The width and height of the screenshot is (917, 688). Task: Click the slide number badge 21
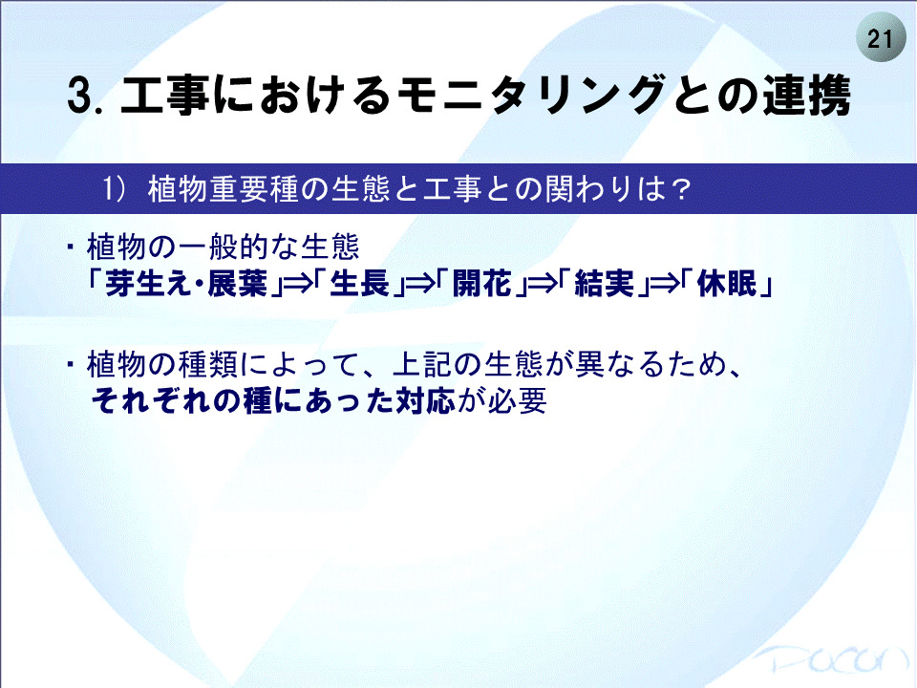tap(880, 39)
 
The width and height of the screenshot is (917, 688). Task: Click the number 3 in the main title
tap(80, 96)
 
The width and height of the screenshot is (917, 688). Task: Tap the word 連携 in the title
tap(806, 95)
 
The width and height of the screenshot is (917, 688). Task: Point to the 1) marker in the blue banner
tap(115, 189)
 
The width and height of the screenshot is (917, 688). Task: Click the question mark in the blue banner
tap(679, 189)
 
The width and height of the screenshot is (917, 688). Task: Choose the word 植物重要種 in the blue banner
tap(224, 189)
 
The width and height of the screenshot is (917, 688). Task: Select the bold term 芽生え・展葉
tap(186, 284)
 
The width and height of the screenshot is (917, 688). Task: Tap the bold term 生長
tap(360, 284)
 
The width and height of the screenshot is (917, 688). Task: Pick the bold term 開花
tap(482, 284)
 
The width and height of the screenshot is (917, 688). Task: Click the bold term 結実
tap(605, 284)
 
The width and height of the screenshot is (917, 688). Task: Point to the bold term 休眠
tap(728, 284)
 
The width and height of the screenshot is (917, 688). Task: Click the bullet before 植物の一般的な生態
tap(71, 247)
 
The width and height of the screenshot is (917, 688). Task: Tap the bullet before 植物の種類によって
tap(71, 364)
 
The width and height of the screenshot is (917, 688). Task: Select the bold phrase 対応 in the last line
tap(426, 401)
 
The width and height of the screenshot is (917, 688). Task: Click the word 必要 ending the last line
tap(518, 401)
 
